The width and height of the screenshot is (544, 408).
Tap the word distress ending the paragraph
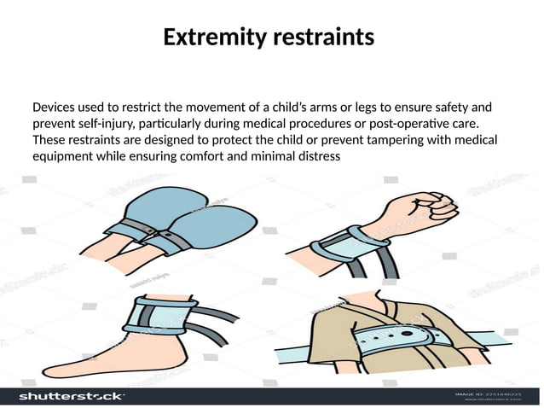317,156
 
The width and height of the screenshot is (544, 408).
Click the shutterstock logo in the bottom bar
72,397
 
